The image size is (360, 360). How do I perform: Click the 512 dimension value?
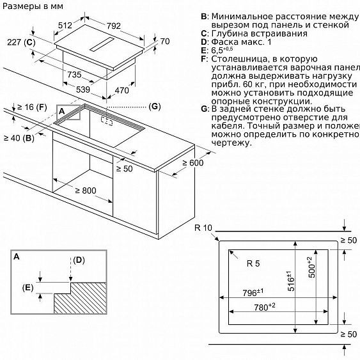coord(65,26)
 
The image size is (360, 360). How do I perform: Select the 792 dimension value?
coord(114,26)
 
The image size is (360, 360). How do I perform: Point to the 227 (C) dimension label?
coord(21,43)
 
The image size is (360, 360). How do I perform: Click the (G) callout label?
coord(154,106)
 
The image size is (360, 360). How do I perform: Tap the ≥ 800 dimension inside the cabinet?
coord(85,190)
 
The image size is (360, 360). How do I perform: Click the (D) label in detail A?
coord(79,260)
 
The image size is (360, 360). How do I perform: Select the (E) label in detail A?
coord(27,287)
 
